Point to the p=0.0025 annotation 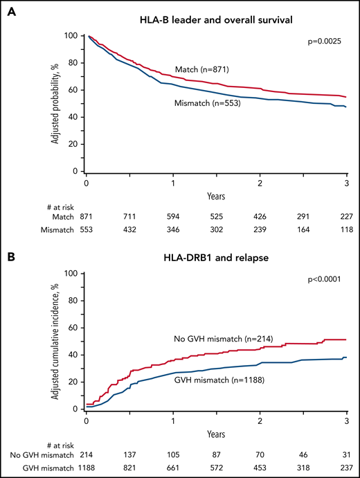tap(326, 42)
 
